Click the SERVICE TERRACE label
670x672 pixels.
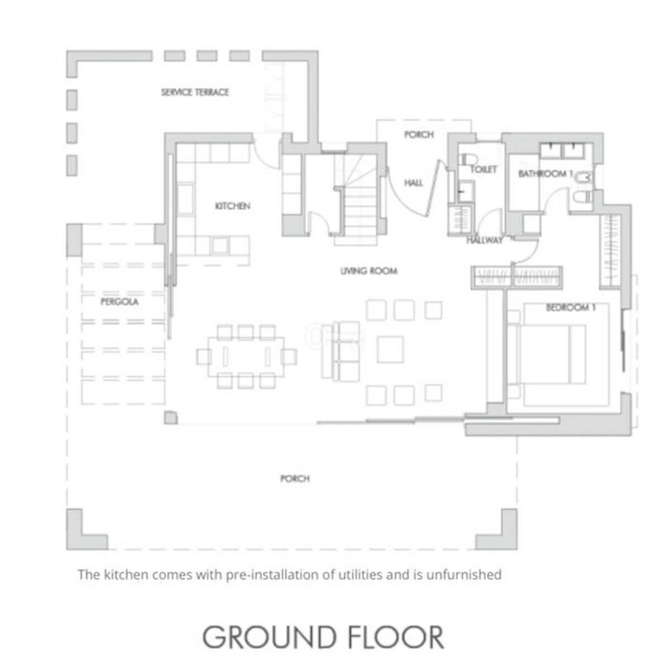(x=195, y=93)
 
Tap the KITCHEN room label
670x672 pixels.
(x=232, y=206)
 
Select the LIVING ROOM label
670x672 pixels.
(x=369, y=271)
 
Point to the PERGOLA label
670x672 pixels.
(x=119, y=301)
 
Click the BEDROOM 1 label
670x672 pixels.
(x=571, y=307)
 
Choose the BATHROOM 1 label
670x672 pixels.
(x=546, y=174)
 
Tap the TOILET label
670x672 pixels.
(x=484, y=170)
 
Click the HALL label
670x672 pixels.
(x=414, y=183)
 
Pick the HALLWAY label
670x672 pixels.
(x=485, y=240)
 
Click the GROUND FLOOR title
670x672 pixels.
(x=323, y=637)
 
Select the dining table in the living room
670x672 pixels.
(x=246, y=357)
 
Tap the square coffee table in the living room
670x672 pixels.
(x=390, y=349)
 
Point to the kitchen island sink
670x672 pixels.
(x=220, y=246)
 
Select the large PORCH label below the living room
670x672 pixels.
(x=295, y=478)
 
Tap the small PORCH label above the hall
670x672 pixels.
(x=419, y=135)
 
